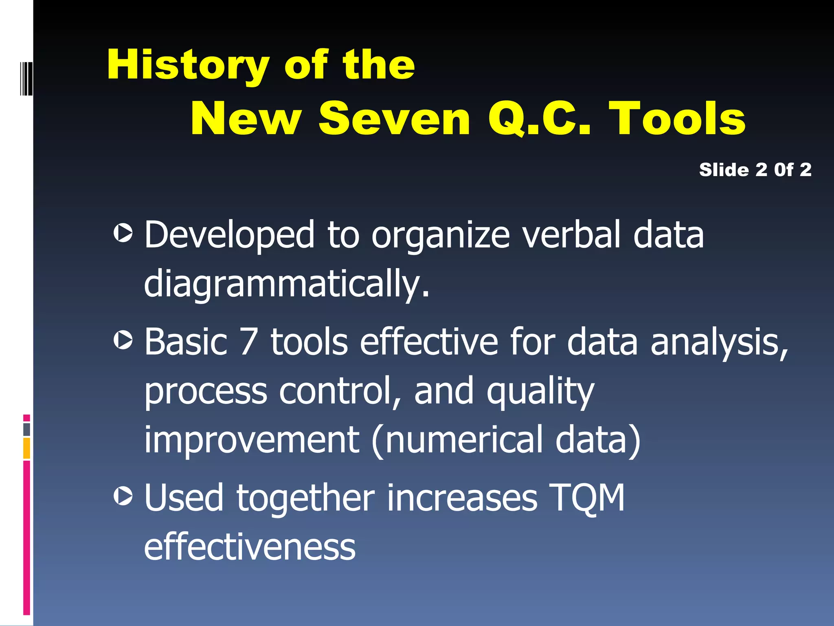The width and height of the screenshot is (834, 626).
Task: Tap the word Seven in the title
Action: pyautogui.click(x=394, y=119)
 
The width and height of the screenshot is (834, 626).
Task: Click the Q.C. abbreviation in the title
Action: pyautogui.click(x=539, y=119)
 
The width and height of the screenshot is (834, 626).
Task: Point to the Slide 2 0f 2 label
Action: pyautogui.click(x=755, y=170)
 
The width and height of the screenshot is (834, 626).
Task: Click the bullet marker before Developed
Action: pyautogui.click(x=123, y=233)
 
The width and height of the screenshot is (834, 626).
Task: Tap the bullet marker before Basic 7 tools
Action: pyautogui.click(x=123, y=340)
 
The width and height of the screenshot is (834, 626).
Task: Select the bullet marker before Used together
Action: pyautogui.click(x=123, y=496)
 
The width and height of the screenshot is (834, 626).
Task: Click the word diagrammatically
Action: pyautogui.click(x=286, y=284)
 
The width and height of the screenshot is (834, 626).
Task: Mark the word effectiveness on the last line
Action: pyautogui.click(x=250, y=547)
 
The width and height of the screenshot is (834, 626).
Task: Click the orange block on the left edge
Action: pyautogui.click(x=26, y=448)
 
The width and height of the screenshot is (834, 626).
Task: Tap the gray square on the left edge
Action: pyautogui.click(x=26, y=429)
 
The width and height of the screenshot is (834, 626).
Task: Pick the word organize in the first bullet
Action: pyautogui.click(x=440, y=236)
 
